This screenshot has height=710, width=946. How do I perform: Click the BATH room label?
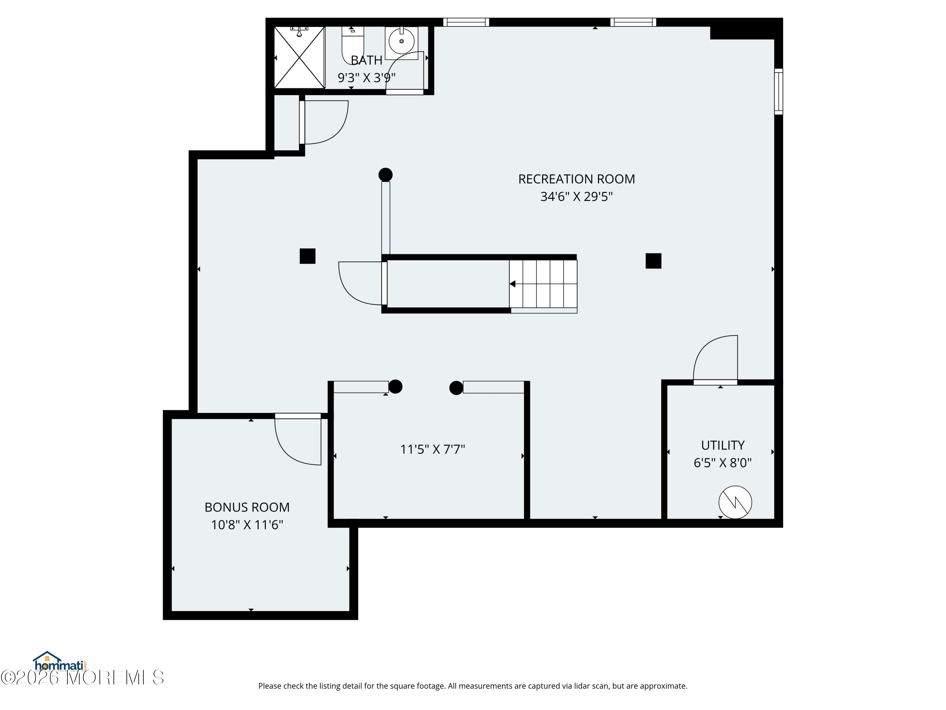click(366, 60)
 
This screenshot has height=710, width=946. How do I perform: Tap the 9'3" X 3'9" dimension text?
click(366, 78)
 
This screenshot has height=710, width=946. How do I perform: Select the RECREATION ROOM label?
click(576, 179)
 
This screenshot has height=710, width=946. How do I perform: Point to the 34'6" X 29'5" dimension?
click(576, 197)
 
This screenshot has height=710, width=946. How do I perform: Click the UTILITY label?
click(723, 446)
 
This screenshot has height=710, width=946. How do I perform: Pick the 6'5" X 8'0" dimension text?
click(723, 463)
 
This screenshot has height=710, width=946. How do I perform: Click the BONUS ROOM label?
click(247, 507)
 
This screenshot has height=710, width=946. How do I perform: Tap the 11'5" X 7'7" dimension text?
click(432, 449)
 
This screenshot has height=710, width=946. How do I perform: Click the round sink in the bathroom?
click(401, 41)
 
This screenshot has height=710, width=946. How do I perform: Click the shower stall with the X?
click(299, 57)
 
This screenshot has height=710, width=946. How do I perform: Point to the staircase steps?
click(543, 284)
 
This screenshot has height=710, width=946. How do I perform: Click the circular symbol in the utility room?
click(735, 502)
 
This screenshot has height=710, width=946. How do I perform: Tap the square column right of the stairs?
click(653, 261)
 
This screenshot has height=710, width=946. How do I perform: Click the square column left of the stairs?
click(307, 256)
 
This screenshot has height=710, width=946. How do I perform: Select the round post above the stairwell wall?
click(385, 175)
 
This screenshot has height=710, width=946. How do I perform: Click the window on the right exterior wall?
click(778, 92)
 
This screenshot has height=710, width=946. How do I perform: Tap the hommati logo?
click(60, 662)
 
